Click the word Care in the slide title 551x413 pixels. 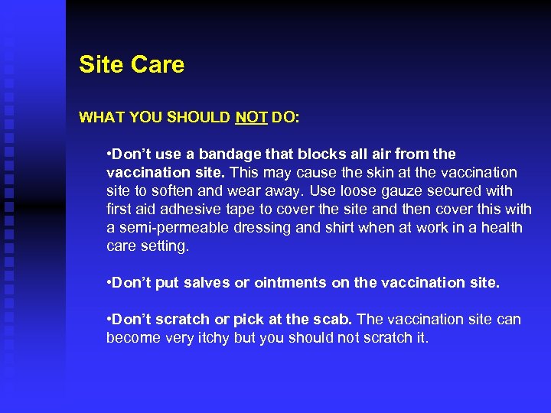(158, 64)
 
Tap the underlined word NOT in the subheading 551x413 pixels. (251, 118)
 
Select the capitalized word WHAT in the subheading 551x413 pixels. (103, 118)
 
